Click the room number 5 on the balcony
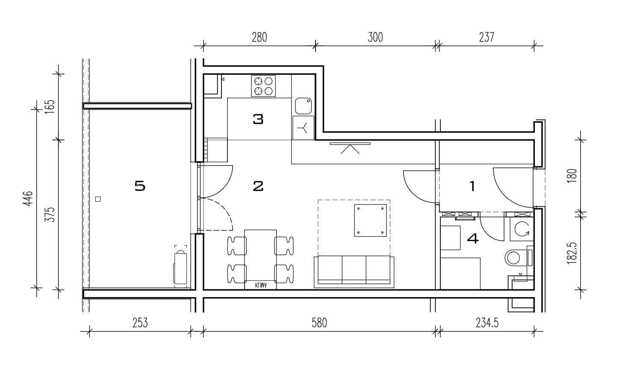pos(140,186)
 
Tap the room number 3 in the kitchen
pos(258,119)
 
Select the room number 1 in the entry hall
pos(472,186)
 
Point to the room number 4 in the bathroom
pos(473,239)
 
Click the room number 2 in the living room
pos(258,186)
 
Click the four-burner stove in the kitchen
pos(263,86)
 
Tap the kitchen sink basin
pos(303,106)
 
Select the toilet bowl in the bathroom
pos(513,258)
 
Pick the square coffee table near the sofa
pos(370,221)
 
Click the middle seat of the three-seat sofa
pos(354,270)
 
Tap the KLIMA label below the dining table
pos(261,285)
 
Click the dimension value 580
pos(319,323)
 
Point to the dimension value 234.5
pos(487,323)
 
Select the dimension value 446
pos(28,198)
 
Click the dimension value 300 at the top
pos(375,37)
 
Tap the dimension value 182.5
pos(572,253)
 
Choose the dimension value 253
pos(140,323)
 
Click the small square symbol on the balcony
pos(98,199)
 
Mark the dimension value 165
pos(50,106)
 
